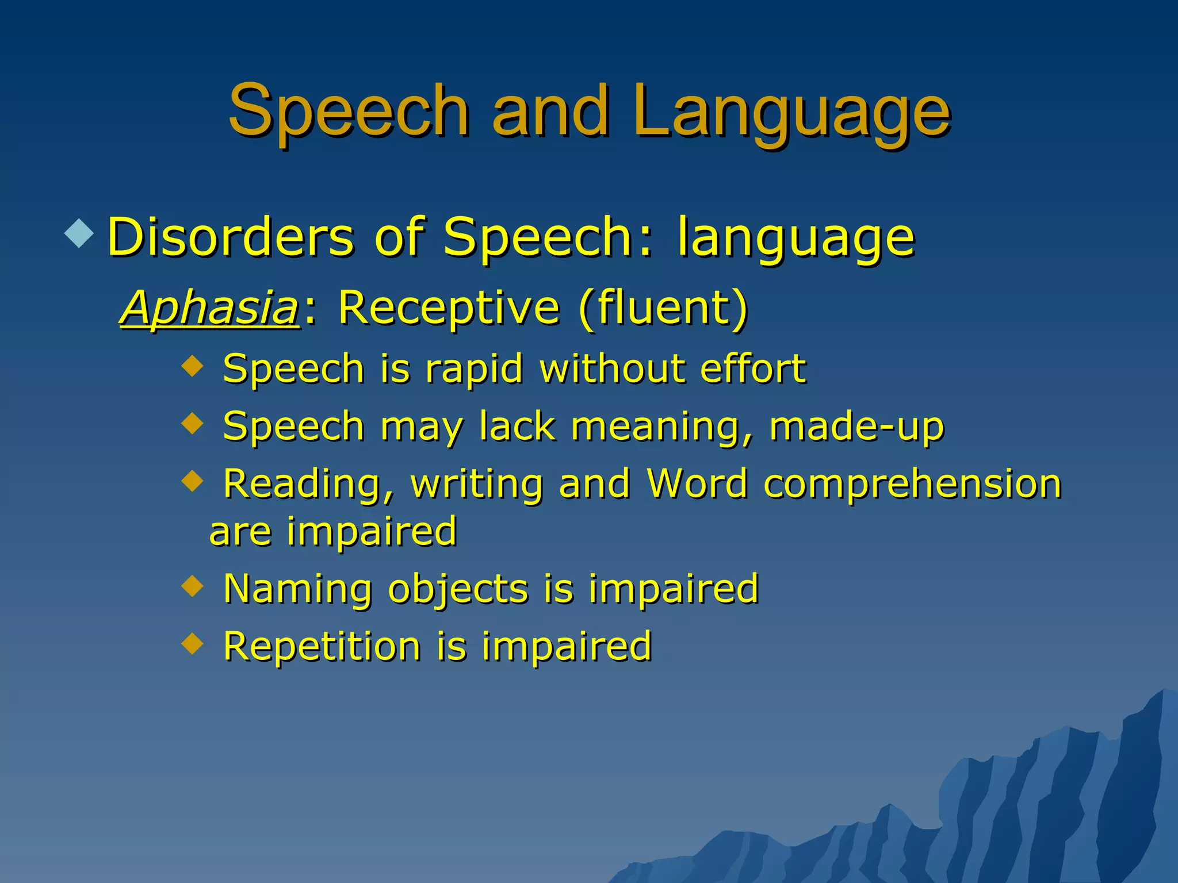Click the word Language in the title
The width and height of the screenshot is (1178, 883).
(791, 112)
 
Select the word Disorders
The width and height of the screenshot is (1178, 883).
(231, 237)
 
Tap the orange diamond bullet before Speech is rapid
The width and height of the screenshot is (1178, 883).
(192, 365)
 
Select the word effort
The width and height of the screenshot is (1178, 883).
(753, 368)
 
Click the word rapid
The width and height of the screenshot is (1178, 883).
(474, 368)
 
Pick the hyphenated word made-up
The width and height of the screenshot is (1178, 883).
(856, 427)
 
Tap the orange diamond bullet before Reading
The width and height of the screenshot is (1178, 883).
(192, 481)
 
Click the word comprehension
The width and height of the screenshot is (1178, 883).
(912, 485)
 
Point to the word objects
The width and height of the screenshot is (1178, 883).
(458, 589)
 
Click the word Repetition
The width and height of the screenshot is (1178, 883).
(322, 647)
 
